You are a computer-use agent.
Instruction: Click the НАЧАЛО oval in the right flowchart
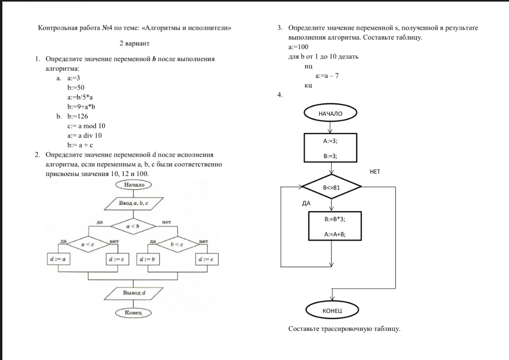[x=330, y=113]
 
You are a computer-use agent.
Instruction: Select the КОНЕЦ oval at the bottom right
[x=332, y=310]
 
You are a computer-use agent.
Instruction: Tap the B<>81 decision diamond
[x=331, y=187]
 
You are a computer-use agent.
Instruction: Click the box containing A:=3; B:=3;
[x=330, y=148]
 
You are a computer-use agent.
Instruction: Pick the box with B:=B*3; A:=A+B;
[x=335, y=226]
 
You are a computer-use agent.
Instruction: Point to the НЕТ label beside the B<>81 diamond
[x=374, y=172]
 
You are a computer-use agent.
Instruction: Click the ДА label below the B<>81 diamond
[x=306, y=203]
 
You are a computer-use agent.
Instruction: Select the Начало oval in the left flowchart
[x=134, y=184]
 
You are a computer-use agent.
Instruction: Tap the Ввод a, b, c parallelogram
[x=133, y=203]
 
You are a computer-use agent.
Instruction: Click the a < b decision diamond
[x=133, y=226]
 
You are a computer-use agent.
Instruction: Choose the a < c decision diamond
[x=88, y=244]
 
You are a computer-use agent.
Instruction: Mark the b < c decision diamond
[x=177, y=244]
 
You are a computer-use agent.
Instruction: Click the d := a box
[x=58, y=259]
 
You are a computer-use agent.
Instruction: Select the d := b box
[x=148, y=259]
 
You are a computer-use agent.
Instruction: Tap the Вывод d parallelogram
[x=134, y=293]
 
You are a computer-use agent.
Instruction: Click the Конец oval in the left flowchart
[x=133, y=313]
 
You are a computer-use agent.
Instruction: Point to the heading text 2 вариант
[x=135, y=43]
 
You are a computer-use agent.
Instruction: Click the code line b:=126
[x=77, y=116]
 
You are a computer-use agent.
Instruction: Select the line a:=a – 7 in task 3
[x=327, y=75]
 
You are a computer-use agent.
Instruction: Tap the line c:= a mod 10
[x=86, y=126]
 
